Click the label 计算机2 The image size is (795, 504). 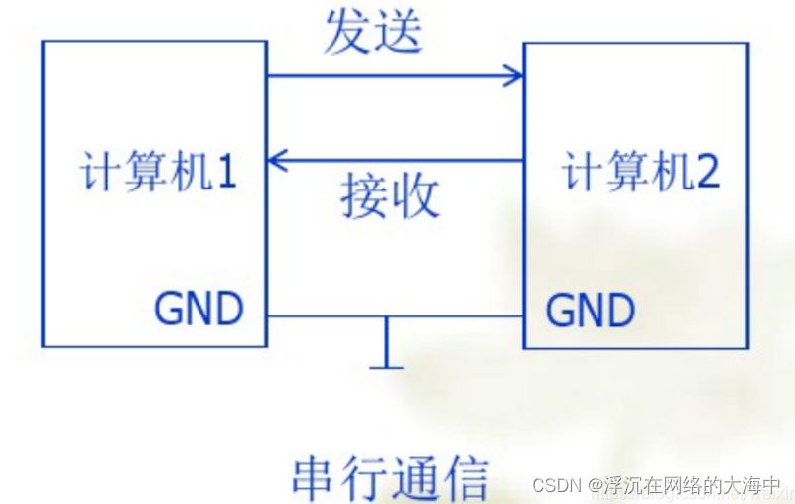(640, 173)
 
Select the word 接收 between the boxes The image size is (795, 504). (389, 195)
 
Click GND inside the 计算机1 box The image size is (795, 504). (199, 310)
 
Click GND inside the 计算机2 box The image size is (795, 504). (591, 310)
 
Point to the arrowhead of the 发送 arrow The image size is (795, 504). (514, 74)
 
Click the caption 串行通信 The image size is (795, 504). (390, 478)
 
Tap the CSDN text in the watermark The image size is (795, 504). (556, 486)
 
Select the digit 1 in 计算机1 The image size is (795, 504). (226, 173)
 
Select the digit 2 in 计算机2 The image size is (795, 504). (707, 173)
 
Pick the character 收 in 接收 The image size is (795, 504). (415, 195)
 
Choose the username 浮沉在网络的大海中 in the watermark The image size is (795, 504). (695, 486)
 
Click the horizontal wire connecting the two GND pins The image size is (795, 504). (328, 317)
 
